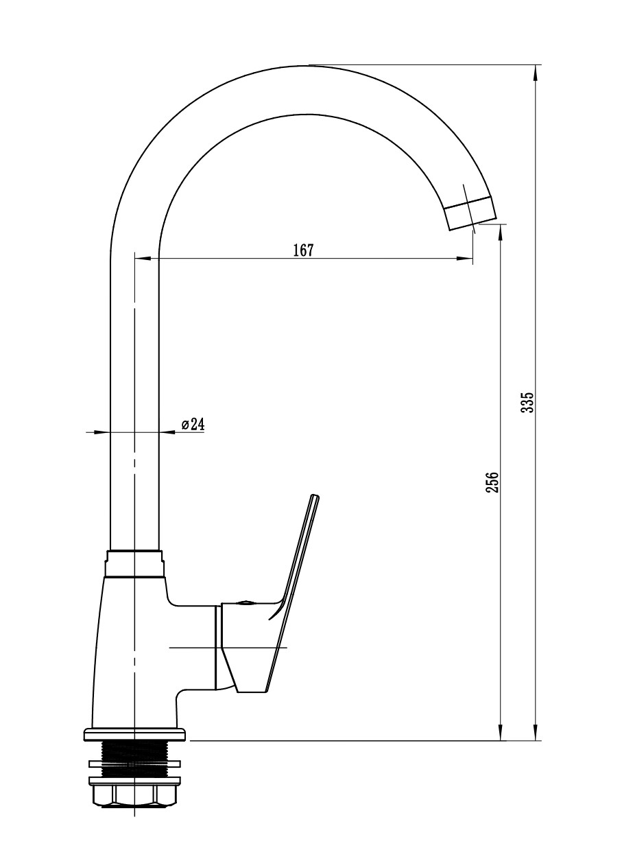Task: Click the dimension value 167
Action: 303,250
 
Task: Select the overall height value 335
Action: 527,402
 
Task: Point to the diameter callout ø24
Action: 193,425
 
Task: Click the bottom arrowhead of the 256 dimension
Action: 501,731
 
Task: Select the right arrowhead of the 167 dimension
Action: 465,259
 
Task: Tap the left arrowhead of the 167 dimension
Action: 143,259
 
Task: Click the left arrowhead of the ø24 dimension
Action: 101,432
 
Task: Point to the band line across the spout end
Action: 468,203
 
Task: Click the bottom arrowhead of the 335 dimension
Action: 535,731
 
